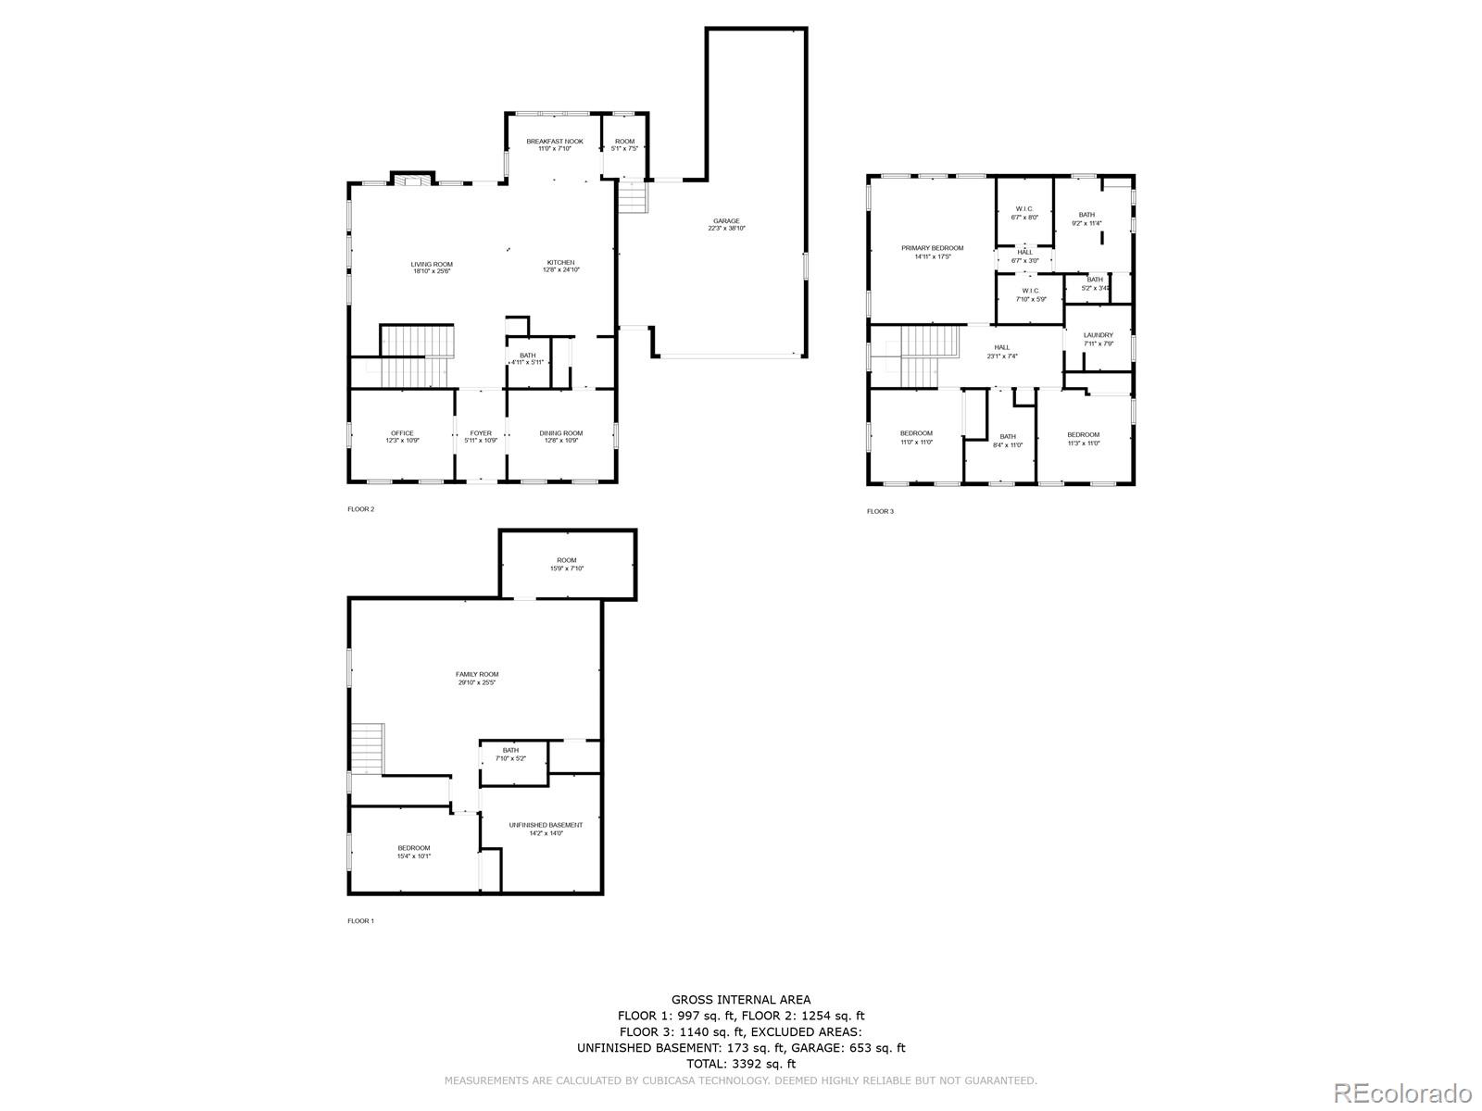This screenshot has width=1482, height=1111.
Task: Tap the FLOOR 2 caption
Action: click(360, 509)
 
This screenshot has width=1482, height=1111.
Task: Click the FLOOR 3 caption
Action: click(880, 511)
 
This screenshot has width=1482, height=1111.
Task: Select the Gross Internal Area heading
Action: click(741, 999)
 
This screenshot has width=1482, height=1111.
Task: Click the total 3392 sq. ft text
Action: click(741, 1064)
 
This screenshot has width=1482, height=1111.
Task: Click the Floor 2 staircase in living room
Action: click(416, 356)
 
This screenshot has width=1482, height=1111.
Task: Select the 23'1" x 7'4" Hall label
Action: click(1002, 351)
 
